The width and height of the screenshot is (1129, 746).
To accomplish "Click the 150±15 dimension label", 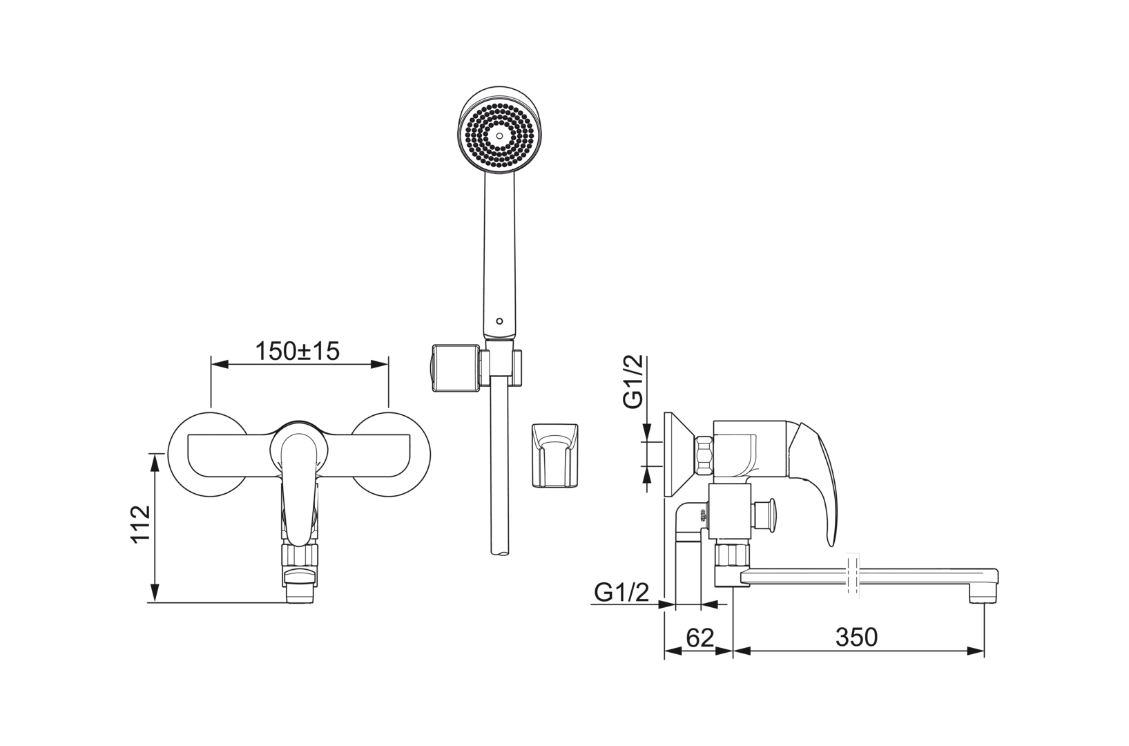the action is pos(298,352).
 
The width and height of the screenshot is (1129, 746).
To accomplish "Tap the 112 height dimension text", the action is pos(141,524).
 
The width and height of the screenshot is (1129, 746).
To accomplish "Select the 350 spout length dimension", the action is pos(856,637).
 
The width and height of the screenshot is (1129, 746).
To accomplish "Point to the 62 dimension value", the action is pos(700,638).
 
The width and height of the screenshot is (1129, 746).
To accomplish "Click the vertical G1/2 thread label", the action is pos(633,381).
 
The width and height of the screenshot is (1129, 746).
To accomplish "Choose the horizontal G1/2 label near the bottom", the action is pos(621,592).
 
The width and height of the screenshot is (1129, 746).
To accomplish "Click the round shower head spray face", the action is pos(499,135).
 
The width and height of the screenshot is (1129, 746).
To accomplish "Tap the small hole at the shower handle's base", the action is pos(499,321).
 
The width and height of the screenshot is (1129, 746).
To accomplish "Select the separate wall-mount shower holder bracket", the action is pos(554,455).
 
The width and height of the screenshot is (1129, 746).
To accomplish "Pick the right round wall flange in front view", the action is pos(390,454).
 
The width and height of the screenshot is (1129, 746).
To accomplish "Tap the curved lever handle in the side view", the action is pos(816,479).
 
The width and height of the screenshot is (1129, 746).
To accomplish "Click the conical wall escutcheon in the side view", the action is pos(679,455).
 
